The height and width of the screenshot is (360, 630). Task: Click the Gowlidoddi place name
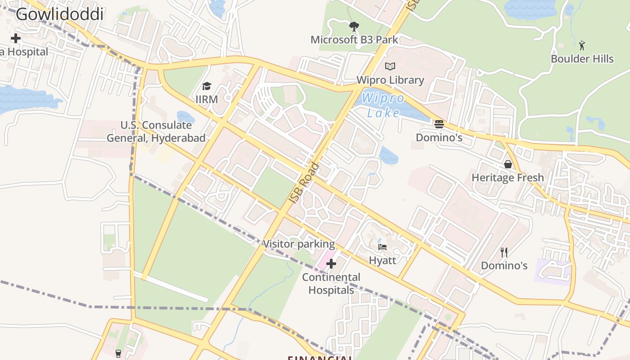point(60,14)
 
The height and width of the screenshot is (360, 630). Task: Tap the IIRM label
point(207,99)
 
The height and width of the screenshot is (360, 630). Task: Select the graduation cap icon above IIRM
point(207,86)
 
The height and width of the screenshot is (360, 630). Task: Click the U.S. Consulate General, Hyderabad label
point(156,131)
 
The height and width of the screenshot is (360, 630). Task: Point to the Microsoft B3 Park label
point(354,40)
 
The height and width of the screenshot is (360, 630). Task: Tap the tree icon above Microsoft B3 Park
point(354,27)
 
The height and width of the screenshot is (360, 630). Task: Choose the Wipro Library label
point(390,80)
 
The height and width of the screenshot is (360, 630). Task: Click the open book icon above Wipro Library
point(390,67)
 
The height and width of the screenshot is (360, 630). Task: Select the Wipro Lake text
point(383,105)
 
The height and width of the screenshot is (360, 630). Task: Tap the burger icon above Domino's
point(439,124)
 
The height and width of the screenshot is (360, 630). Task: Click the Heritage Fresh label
point(508,178)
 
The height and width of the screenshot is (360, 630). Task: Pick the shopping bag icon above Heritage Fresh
point(508,164)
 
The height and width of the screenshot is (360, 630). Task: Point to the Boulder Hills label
point(582,59)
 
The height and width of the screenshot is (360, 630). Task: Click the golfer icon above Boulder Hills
point(582,45)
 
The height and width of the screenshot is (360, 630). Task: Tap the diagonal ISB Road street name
point(304,182)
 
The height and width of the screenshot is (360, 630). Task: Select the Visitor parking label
point(299,244)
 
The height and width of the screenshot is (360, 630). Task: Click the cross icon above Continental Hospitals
point(331,264)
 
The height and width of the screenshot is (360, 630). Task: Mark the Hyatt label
point(382,260)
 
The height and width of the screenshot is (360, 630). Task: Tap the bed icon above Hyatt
point(382,247)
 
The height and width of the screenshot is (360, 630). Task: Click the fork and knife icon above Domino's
point(504,252)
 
